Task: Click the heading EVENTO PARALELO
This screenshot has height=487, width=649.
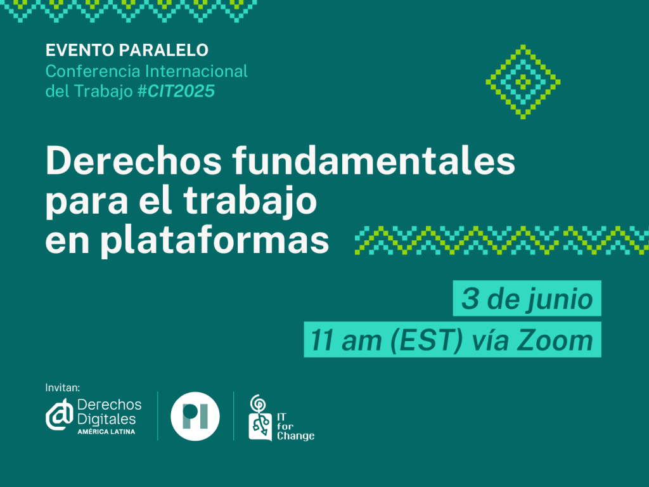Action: point(127,50)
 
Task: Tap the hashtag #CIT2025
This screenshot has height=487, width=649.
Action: point(176,91)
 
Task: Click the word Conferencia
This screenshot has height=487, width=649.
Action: point(93,71)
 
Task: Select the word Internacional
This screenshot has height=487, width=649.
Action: point(196,71)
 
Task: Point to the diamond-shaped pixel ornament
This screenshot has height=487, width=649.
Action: point(523,82)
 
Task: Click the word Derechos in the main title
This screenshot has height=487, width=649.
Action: point(134,160)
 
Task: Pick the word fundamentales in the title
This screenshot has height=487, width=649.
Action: point(373,160)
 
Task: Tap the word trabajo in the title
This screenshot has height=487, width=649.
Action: point(250,201)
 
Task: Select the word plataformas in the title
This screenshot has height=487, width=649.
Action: point(215,240)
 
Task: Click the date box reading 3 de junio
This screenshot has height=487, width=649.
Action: point(527,298)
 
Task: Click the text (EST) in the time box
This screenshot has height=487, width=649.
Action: point(427,341)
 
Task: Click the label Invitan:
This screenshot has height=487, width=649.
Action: point(63,387)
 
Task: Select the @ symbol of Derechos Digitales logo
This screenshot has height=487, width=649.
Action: point(59,415)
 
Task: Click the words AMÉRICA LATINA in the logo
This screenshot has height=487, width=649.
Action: point(106,431)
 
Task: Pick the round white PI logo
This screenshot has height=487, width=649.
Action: point(195,416)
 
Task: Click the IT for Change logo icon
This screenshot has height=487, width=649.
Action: point(260,418)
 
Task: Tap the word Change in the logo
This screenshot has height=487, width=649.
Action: point(295,436)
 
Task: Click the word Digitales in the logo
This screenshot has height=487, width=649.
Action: point(106,419)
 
